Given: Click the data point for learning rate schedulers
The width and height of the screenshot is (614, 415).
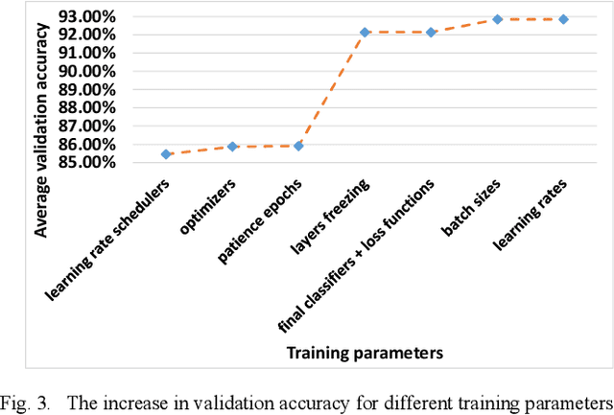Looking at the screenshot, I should [166, 154].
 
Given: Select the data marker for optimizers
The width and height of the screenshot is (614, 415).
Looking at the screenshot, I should [232, 147].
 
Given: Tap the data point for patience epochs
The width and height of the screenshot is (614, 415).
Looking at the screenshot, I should [298, 146].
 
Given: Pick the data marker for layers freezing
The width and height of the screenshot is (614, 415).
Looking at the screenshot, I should [365, 33].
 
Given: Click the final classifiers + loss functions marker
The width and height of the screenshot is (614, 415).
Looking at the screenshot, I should [431, 33].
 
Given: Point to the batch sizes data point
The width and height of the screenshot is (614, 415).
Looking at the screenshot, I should [497, 19].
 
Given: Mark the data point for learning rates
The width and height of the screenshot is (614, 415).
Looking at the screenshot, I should [563, 19].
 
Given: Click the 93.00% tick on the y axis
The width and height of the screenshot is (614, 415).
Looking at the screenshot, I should [90, 16].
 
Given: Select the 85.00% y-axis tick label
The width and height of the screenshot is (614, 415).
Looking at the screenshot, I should [90, 162].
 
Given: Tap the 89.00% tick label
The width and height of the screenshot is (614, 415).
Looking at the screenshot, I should [90, 89].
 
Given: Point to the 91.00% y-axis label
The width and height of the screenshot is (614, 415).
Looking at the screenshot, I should [90, 53].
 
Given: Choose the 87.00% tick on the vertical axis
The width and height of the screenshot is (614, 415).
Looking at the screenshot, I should [90, 126].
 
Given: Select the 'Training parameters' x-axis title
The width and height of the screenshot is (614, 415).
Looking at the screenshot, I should [365, 353].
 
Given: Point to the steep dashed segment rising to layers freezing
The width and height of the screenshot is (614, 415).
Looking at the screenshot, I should [332, 89].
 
